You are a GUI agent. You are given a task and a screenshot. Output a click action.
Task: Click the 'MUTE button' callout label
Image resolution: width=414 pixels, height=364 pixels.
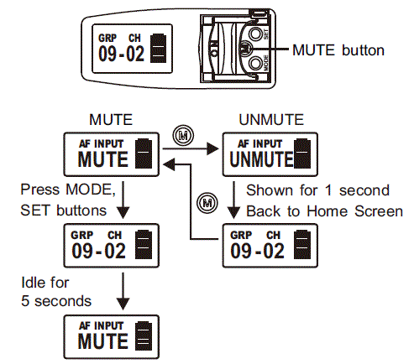[338, 50]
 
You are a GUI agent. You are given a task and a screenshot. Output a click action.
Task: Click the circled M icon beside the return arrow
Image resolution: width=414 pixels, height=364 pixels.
[202, 200]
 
